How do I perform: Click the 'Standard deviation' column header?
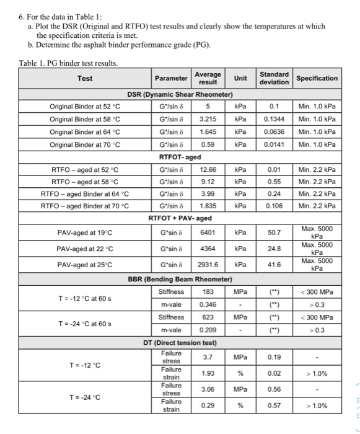pos(274,78)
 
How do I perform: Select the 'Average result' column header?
pos(208,78)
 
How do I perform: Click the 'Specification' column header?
pos(317,78)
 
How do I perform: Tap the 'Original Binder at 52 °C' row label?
pos(86,106)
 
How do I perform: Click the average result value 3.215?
pos(208,119)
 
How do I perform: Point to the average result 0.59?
pos(208,145)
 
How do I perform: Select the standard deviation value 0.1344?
pos(274,119)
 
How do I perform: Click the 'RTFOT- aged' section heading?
pos(180,157)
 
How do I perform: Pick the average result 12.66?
pos(208,169)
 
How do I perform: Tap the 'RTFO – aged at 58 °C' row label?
pos(86,182)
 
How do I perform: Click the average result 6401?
pos(208,232)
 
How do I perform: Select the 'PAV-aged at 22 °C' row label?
pos(86,248)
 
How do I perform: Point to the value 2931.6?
pos(208,264)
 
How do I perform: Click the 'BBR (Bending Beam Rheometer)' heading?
pos(180,278)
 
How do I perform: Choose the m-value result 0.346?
pos(208,304)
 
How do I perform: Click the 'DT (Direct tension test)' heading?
pos(180,343)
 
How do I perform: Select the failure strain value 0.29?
pos(208,405)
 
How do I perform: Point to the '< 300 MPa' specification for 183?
pos(317,291)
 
